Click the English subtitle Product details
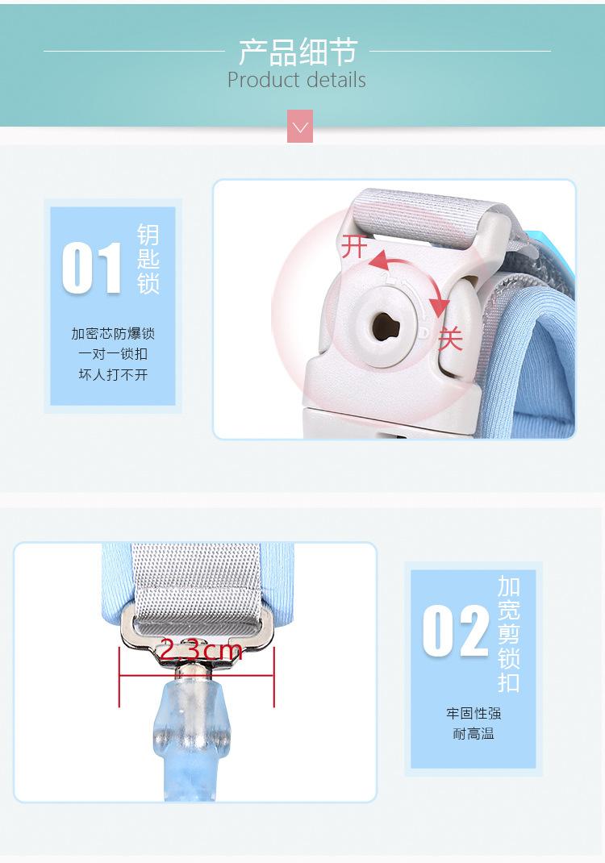(296, 81)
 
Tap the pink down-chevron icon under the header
(300, 127)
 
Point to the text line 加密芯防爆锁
(113, 334)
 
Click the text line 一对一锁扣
(113, 354)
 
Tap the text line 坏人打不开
(113, 375)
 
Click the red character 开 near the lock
(354, 247)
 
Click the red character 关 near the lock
(449, 339)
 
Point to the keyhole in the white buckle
(380, 325)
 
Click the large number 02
(456, 632)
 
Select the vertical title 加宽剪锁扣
(509, 634)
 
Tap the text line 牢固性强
(474, 714)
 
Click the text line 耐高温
(474, 734)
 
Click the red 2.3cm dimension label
(200, 650)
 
